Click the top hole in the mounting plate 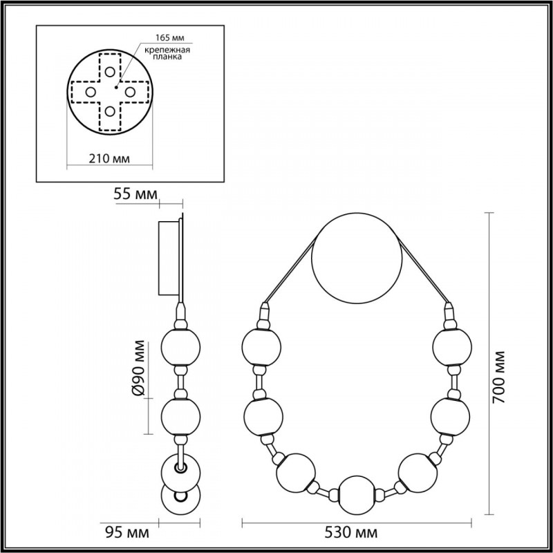tap(110, 74)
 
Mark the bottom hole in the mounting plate tap(110, 111)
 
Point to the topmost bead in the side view tap(180, 347)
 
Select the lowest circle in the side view tap(180, 498)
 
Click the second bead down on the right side tap(451, 415)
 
